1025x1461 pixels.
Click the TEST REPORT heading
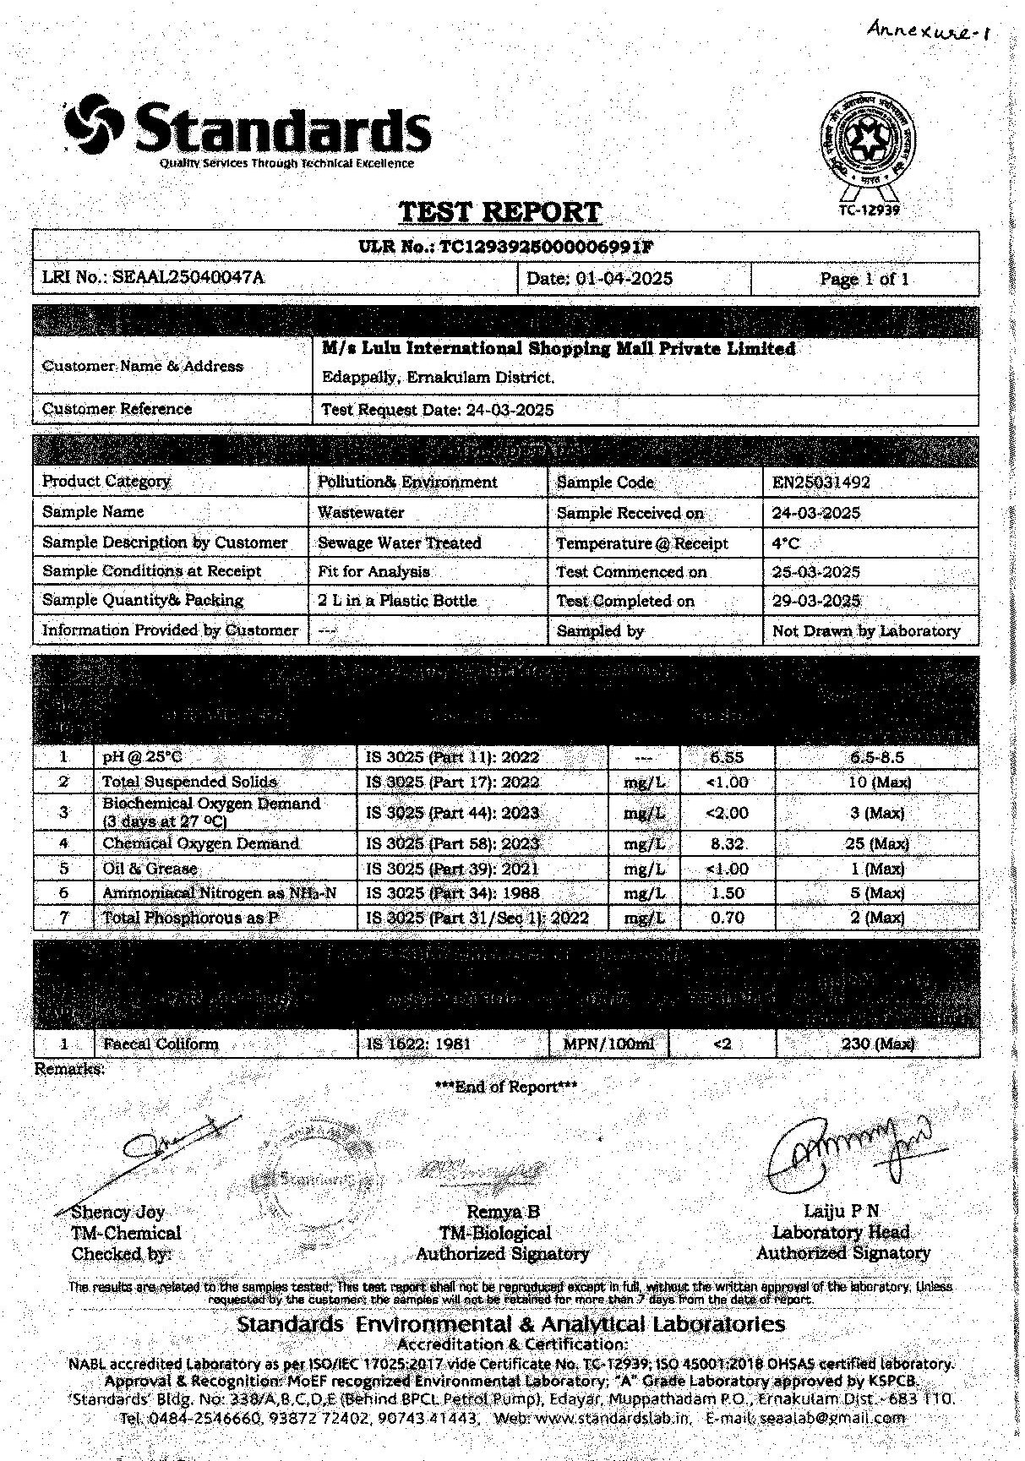(x=499, y=211)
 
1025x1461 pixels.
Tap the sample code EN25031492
(x=821, y=482)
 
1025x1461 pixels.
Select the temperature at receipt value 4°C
(x=785, y=543)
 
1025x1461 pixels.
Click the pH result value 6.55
(x=726, y=757)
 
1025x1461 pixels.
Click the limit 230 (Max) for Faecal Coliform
(x=878, y=1044)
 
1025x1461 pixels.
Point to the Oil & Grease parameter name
(x=150, y=869)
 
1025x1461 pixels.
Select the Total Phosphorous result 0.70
(x=727, y=918)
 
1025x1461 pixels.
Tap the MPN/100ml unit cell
(x=608, y=1044)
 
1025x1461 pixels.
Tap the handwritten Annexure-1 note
(x=928, y=33)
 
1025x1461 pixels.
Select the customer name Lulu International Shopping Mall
(x=558, y=348)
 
